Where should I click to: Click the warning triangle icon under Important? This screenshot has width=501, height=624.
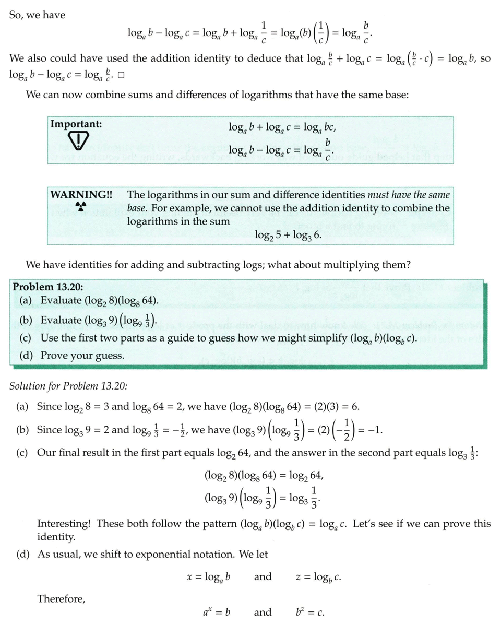tap(77, 139)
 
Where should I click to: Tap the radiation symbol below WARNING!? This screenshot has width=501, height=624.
tap(80, 207)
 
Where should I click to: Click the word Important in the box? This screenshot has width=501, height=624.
tap(76, 124)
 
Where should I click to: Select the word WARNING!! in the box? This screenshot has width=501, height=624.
tap(81, 195)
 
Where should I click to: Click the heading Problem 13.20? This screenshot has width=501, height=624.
tap(47, 287)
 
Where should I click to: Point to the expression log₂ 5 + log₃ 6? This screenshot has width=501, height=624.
tap(288, 235)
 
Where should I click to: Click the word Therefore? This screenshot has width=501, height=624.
tap(61, 599)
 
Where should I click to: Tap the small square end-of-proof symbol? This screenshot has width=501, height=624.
tap(121, 75)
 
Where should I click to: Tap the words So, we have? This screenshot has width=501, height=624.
tap(38, 15)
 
